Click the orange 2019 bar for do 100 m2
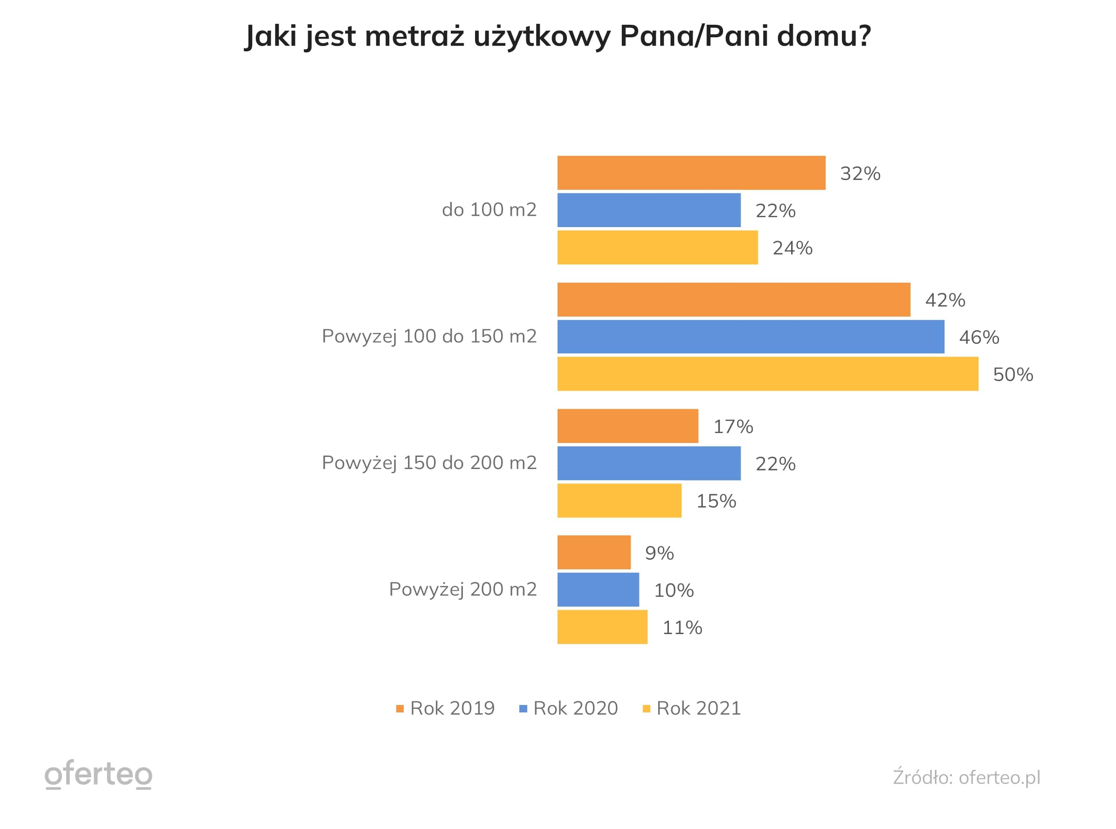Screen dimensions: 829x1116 [x=691, y=173]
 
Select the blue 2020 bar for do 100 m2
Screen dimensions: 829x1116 [x=648, y=210]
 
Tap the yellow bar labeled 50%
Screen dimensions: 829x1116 [x=767, y=374]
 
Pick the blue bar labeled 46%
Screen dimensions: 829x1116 [x=751, y=337]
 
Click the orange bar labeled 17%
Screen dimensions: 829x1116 [x=627, y=426]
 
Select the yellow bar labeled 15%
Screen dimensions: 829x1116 [x=619, y=500]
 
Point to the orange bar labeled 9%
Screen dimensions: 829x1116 [x=593, y=553]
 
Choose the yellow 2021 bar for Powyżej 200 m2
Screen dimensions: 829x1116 [x=602, y=627]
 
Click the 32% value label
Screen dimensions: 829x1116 [x=860, y=173]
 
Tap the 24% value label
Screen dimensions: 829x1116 [x=792, y=248]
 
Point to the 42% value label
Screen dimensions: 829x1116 [x=944, y=300]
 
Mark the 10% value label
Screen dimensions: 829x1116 [x=673, y=590]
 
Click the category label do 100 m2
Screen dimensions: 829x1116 [x=489, y=210]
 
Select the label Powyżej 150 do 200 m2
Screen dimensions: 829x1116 [x=429, y=463]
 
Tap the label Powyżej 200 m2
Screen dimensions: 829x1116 [x=462, y=589]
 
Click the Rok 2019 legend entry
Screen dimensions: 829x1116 [x=445, y=708]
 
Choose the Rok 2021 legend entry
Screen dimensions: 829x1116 [x=692, y=708]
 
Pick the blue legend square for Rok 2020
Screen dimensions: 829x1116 [x=523, y=709]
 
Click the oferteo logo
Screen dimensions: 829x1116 [x=98, y=774]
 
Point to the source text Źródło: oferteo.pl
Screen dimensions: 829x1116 [x=966, y=777]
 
